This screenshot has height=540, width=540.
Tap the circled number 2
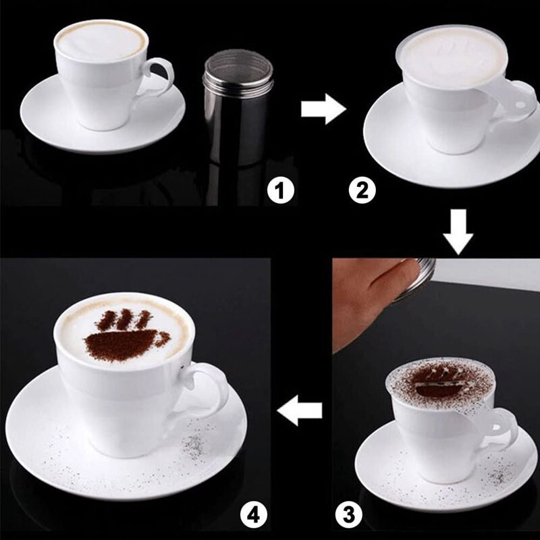point(361,192)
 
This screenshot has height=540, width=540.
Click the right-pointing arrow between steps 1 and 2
point(323,109)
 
